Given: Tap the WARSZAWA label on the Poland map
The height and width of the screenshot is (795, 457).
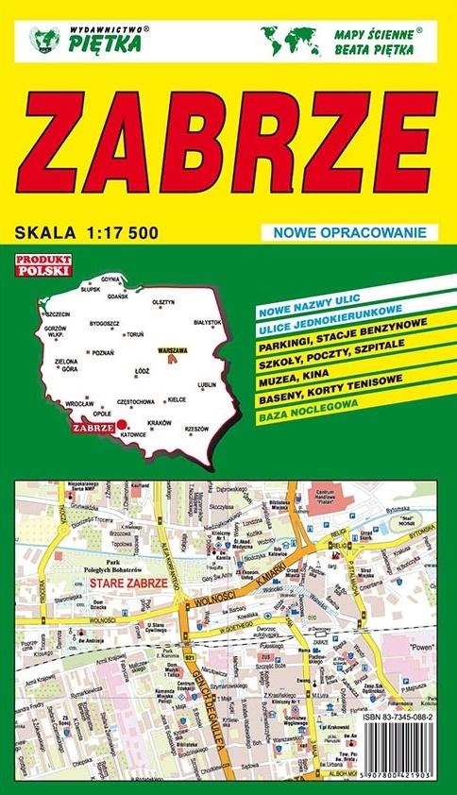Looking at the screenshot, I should [x=174, y=349].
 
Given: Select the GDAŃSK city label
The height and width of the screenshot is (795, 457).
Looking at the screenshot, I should [x=118, y=296].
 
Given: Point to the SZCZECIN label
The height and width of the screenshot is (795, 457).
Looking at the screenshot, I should [x=58, y=313].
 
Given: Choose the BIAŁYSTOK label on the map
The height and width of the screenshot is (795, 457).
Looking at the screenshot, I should [x=207, y=322].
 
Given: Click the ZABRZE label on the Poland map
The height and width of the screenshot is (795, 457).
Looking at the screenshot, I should [x=93, y=426].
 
